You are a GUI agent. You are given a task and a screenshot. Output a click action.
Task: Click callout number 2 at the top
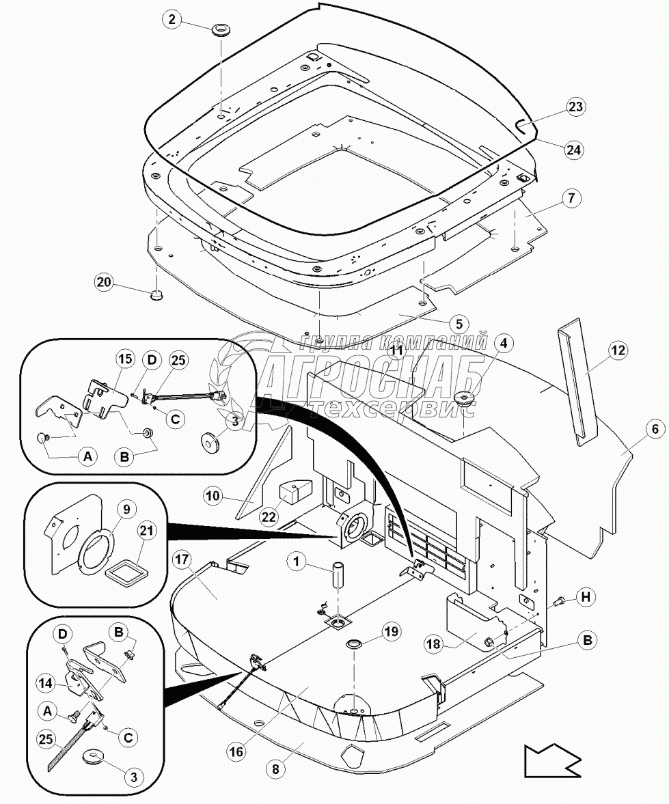coord(172,20)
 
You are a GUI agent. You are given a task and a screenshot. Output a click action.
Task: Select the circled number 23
coord(575,107)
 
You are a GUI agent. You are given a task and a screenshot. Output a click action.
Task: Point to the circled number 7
coord(571,199)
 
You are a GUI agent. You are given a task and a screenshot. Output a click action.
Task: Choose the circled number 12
coord(618,351)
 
